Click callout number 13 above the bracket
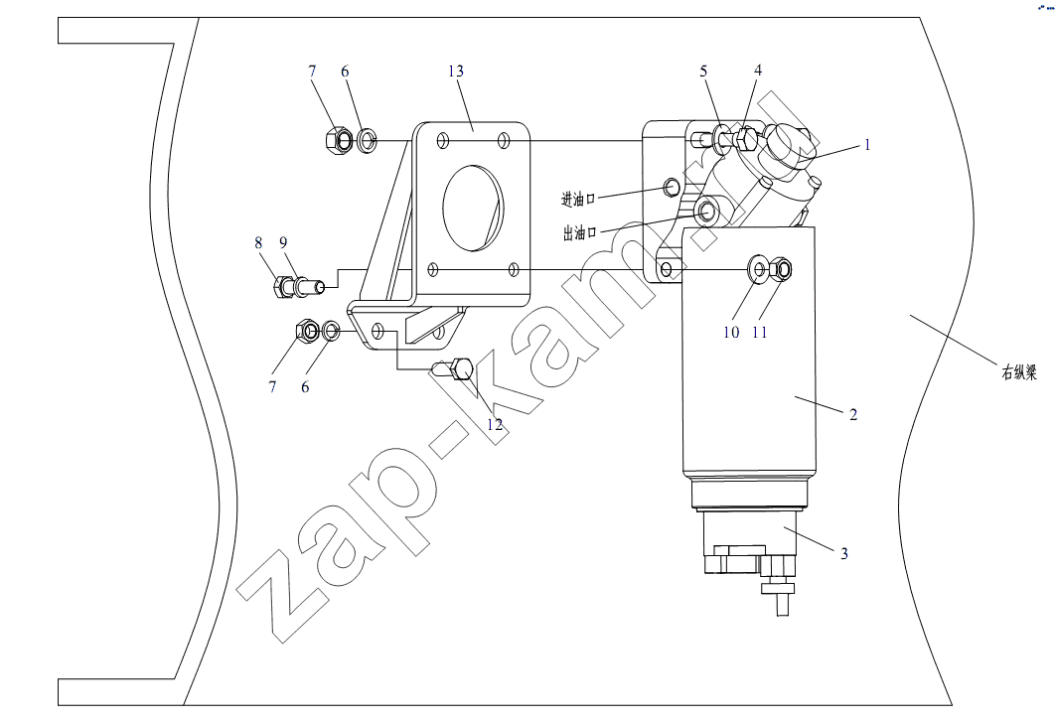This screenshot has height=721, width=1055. click(x=456, y=72)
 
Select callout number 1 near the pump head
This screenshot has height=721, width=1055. click(x=867, y=145)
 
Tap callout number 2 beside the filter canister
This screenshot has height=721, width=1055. click(x=853, y=414)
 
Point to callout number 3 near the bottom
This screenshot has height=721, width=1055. click(x=844, y=553)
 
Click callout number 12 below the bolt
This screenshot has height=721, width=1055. click(x=495, y=425)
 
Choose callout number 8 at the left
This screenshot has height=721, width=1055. click(x=258, y=242)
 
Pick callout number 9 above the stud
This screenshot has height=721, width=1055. click(x=283, y=242)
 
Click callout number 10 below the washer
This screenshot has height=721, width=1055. click(x=731, y=333)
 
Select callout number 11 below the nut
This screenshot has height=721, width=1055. click(x=760, y=333)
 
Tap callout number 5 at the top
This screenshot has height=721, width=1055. click(x=703, y=72)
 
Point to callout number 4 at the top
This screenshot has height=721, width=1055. click(x=758, y=71)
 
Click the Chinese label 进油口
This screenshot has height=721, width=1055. click(x=578, y=199)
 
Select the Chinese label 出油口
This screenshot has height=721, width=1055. click(x=580, y=233)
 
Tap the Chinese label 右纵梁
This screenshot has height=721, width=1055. click(x=1019, y=372)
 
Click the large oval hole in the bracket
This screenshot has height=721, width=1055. click(x=473, y=208)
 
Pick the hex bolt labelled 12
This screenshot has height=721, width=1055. click(x=453, y=369)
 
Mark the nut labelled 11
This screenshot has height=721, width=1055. click(x=780, y=270)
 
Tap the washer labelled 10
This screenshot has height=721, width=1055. click(x=758, y=270)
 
